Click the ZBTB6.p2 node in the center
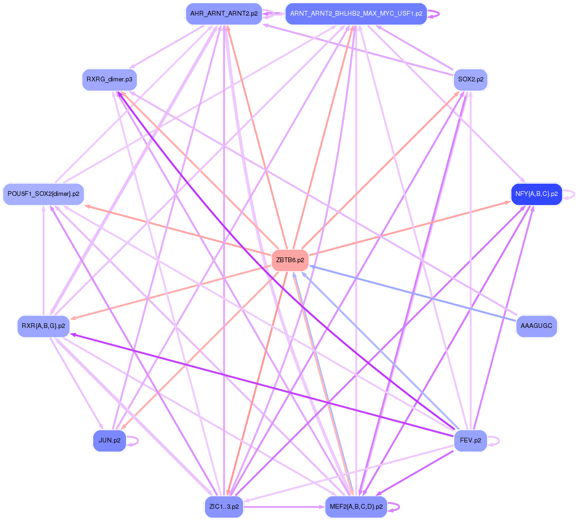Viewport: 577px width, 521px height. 290,260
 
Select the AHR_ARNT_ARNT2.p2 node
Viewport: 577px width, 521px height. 224,14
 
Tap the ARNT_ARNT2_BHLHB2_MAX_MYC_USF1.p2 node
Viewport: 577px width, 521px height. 356,14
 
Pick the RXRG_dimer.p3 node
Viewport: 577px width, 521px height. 109,79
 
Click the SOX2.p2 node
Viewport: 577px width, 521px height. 470,79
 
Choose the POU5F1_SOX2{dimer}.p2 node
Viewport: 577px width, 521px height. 44,194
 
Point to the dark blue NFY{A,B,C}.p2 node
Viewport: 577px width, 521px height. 536,194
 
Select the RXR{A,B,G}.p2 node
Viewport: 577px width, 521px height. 44,326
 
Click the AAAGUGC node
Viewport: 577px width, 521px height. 536,326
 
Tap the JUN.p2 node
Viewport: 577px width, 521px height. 109,441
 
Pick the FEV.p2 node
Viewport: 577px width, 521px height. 470,441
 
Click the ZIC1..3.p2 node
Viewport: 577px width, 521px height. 224,507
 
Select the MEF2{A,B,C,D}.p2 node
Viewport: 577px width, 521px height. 356,507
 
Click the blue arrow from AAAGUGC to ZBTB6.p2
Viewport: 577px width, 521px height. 412,293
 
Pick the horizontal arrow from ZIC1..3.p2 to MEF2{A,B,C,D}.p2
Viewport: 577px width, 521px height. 284,507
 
